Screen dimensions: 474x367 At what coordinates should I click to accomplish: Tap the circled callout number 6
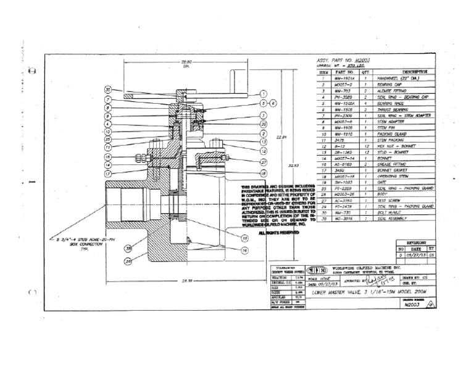[273, 103]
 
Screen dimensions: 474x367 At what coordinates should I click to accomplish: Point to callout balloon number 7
[107, 99]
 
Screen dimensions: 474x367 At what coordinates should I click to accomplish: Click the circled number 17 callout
[107, 174]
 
